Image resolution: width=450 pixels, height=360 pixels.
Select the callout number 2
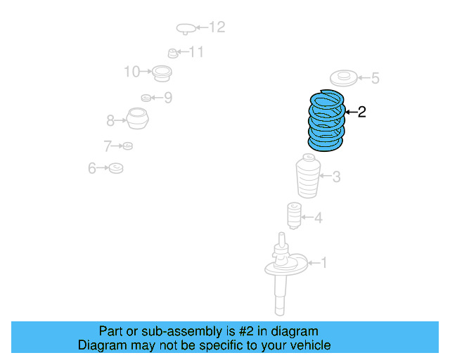[x=361, y=112]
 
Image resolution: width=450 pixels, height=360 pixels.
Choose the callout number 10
[x=131, y=71]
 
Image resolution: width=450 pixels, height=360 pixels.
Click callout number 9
[x=167, y=98]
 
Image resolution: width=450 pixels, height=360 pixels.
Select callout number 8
[x=110, y=121]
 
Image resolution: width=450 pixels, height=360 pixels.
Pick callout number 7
[x=107, y=146]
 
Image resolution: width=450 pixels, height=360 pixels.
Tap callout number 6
[x=91, y=168]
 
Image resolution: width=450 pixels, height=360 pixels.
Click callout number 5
[x=375, y=78]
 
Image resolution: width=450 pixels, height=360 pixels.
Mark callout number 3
[x=336, y=176]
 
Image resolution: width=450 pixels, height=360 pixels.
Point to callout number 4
[x=318, y=218]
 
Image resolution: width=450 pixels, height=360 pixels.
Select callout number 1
[x=323, y=263]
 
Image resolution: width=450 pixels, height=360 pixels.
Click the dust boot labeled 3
[x=307, y=179]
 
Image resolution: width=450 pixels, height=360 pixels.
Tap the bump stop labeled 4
[x=292, y=215]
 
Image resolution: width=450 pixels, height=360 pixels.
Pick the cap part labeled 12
[x=185, y=29]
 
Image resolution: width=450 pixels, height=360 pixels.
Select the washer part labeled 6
[x=116, y=168]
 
